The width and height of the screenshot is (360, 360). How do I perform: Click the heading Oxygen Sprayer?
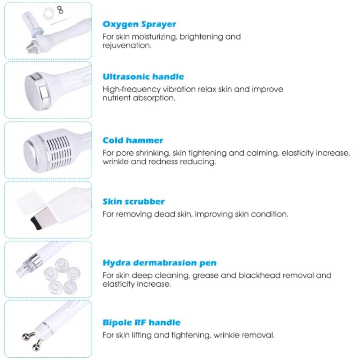pos(139,24)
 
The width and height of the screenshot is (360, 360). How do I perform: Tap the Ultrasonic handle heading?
pos(143,76)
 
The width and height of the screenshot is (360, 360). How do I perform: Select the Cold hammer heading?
pos(133,140)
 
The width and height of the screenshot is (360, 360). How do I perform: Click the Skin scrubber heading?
pos(134,202)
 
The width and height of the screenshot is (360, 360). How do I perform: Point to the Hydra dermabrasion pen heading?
pos(160,263)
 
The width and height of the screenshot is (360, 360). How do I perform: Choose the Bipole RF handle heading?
pos(141,323)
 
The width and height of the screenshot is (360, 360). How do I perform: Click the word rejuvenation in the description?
pos(127,45)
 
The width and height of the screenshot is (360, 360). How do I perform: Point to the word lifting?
pos(141,335)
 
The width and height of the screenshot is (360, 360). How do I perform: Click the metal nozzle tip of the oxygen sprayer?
pos(32,46)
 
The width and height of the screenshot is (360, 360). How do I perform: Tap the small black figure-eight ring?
pos(60,10)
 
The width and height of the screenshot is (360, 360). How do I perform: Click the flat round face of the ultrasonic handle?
pos(35,91)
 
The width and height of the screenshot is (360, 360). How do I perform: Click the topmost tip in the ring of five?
pos(62,265)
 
